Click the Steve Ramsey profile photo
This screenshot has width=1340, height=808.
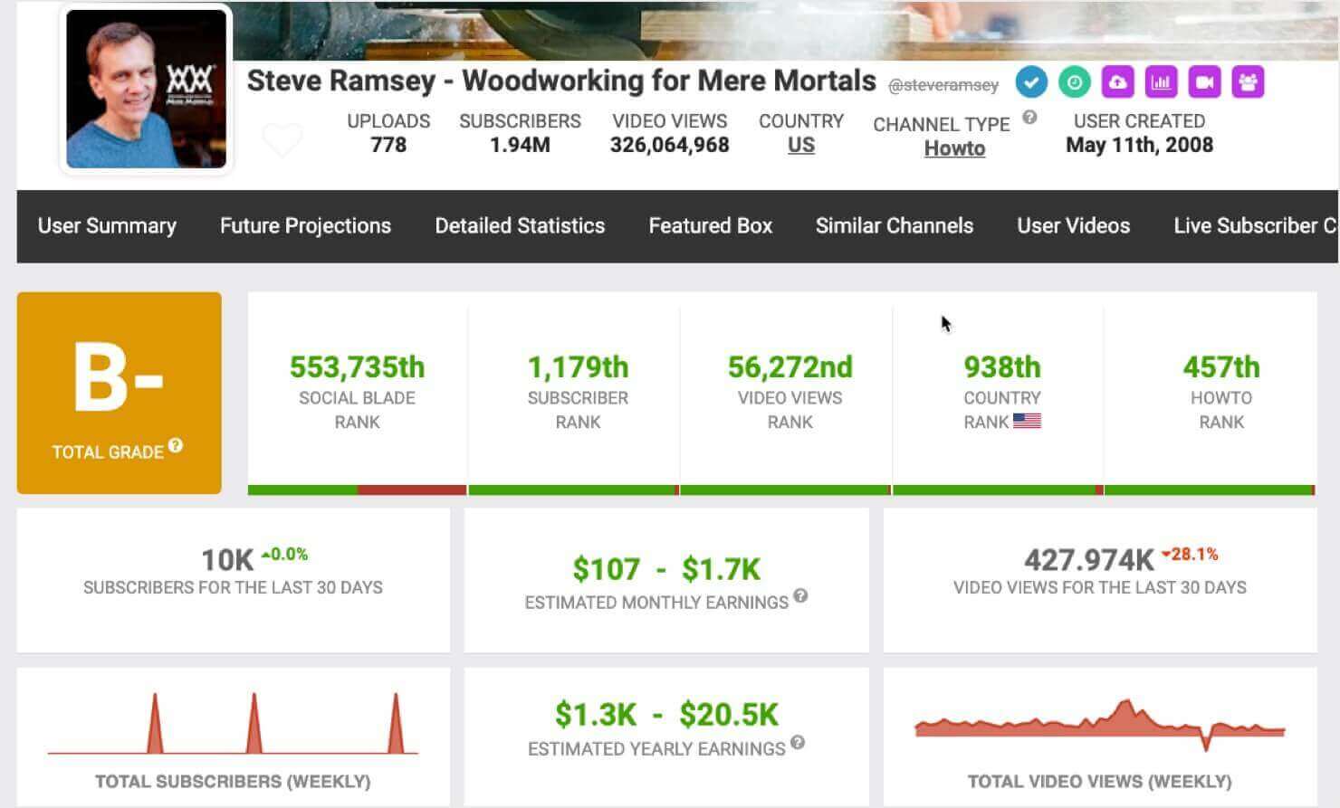146,89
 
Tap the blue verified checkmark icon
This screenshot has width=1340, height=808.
1031,82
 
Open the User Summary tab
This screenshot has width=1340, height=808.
107,226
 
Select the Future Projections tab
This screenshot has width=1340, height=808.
305,226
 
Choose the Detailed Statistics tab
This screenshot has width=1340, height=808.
520,226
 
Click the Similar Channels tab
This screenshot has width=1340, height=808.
894,226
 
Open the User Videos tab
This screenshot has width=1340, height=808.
1073,226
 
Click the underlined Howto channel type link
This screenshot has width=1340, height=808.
954,148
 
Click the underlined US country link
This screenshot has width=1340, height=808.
800,146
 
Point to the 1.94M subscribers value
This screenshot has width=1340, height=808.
520,146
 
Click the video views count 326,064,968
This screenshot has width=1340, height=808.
669,146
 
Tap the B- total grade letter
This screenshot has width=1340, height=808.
119,378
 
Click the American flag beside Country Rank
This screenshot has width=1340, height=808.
1027,421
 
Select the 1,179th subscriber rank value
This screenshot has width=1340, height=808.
577,367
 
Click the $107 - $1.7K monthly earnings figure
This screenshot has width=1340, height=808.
666,569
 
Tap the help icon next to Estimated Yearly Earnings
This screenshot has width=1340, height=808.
797,743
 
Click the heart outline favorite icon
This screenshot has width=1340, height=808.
282,140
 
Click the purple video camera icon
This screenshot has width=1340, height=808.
1204,82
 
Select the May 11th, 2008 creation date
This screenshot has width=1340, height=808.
1139,146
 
